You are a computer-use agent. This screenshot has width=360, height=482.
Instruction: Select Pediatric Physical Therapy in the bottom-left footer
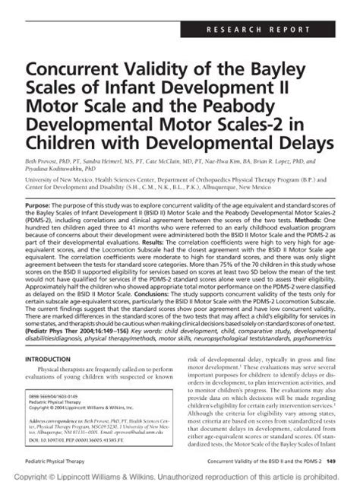pos(53,461)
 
